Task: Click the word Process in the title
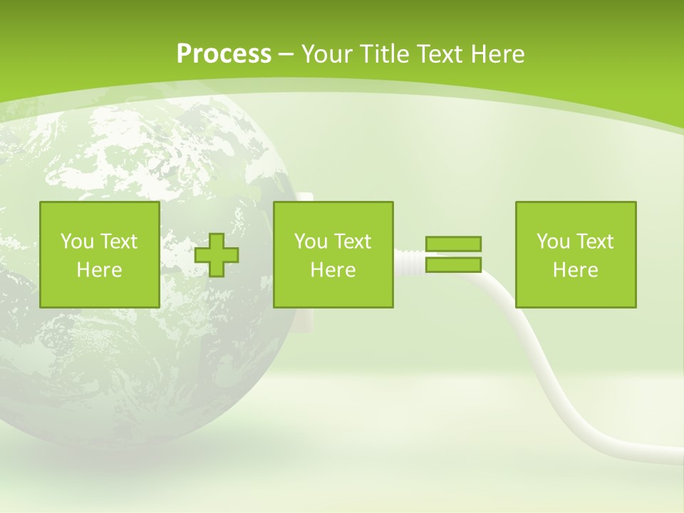(224, 53)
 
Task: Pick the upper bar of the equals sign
(454, 244)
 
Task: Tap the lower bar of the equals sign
(454, 265)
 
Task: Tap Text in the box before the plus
(118, 242)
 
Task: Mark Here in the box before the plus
(99, 270)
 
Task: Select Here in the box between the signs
(333, 270)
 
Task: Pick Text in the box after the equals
(594, 242)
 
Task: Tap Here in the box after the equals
(576, 270)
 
